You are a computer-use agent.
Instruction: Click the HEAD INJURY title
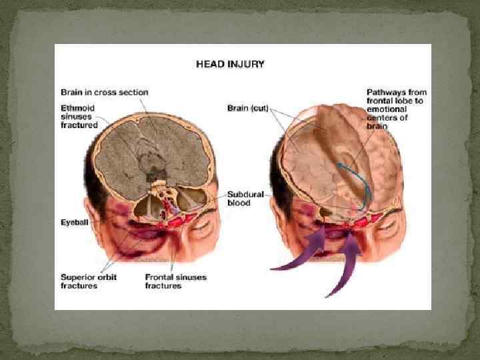point(230,65)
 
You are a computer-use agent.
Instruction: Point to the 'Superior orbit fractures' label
point(87,281)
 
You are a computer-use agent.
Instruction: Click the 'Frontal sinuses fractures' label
point(175,281)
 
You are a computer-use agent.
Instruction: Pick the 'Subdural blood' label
point(246,198)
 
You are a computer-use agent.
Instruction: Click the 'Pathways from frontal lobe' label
point(397,108)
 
